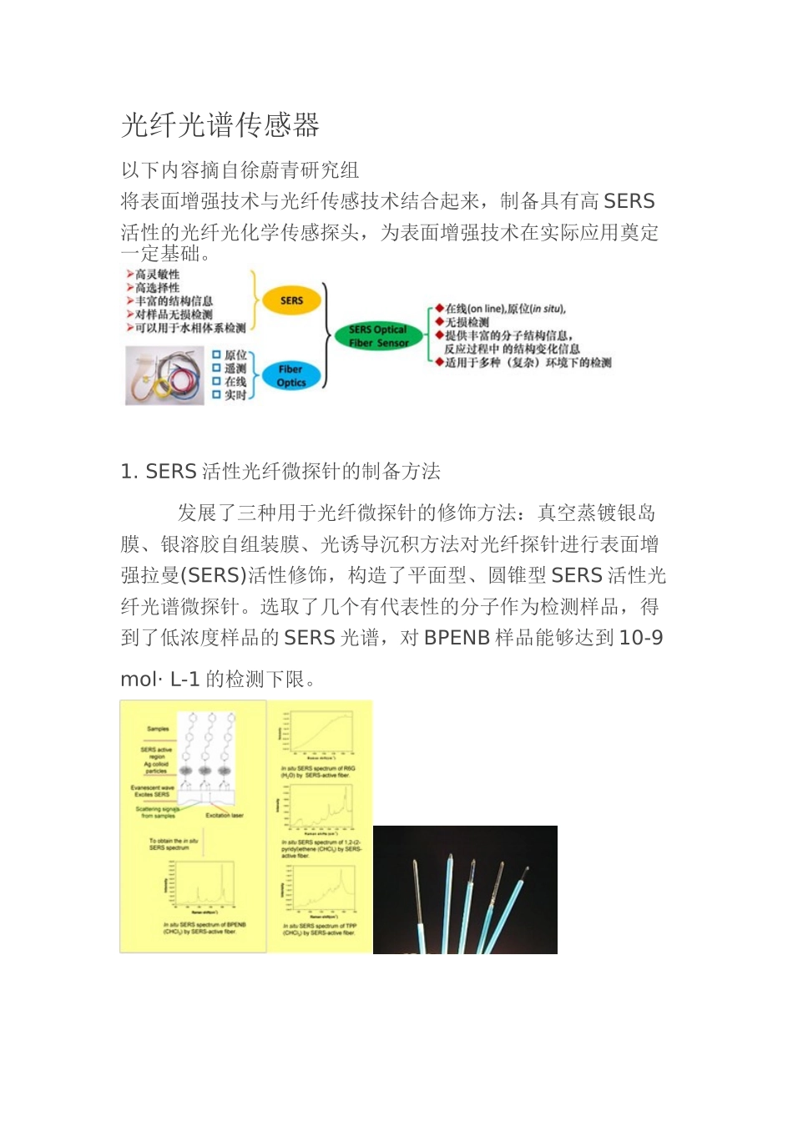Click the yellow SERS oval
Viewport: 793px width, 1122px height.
coord(291,301)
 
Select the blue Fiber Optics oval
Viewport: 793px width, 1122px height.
coord(290,376)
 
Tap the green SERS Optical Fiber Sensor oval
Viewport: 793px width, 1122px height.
coord(378,336)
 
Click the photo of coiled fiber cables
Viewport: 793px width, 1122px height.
coord(164,376)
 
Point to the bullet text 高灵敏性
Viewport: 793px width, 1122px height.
coord(157,275)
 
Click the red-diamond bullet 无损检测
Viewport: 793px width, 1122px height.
coord(467,322)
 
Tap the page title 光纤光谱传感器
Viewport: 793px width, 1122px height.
coord(220,125)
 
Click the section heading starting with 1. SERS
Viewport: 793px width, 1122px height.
coord(280,472)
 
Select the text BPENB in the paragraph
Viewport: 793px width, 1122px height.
coord(457,638)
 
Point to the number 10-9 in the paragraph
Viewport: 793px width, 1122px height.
coord(641,638)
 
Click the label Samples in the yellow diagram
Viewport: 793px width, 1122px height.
coord(158,729)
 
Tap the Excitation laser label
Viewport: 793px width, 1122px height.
coord(225,815)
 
